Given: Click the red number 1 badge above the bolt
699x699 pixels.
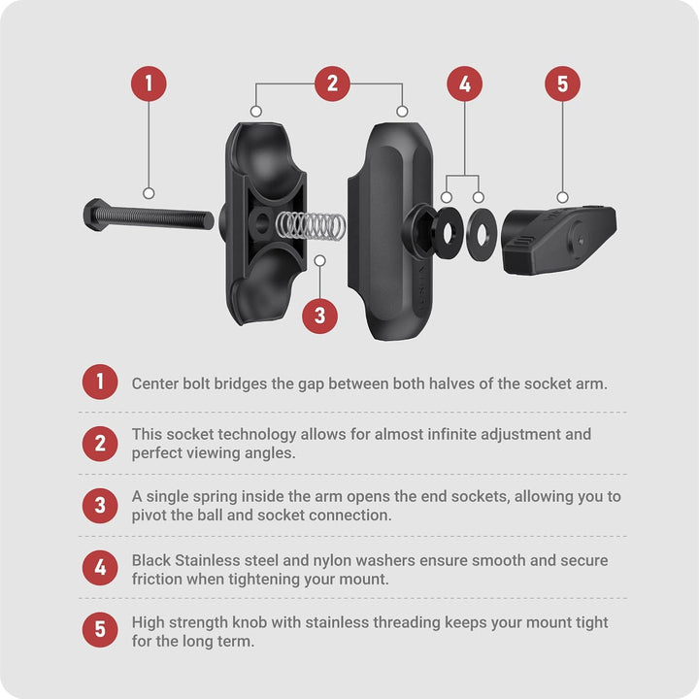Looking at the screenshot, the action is pyautogui.click(x=149, y=83).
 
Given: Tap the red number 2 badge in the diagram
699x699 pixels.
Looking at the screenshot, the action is pyautogui.click(x=332, y=83).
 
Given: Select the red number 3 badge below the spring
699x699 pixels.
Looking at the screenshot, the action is pyautogui.click(x=319, y=316).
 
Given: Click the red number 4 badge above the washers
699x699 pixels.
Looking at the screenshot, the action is pyautogui.click(x=464, y=83).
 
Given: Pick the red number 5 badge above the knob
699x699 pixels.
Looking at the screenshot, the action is pyautogui.click(x=562, y=83).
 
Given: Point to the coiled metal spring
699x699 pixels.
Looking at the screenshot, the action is pyautogui.click(x=311, y=225).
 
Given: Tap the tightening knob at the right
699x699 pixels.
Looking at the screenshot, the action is pyautogui.click(x=559, y=240).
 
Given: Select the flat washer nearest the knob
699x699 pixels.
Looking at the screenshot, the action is pyautogui.click(x=482, y=234).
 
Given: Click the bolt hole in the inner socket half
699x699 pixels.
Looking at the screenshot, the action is pyautogui.click(x=262, y=220).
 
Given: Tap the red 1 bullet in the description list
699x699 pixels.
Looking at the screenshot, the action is pyautogui.click(x=100, y=383).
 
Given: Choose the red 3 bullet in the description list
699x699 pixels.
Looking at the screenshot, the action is pyautogui.click(x=100, y=506).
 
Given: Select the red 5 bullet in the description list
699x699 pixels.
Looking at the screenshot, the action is pyautogui.click(x=100, y=629).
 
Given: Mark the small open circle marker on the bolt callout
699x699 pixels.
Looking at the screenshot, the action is pyautogui.click(x=149, y=193).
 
